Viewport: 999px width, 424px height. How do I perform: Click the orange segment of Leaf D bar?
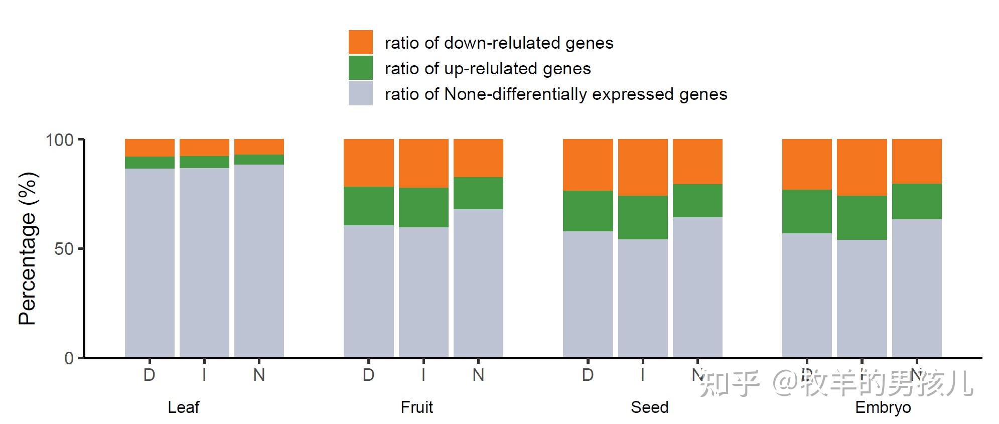pos(150,148)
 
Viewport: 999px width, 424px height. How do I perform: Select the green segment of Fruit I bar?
pos(423,207)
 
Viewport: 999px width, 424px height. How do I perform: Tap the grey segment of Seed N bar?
pos(697,287)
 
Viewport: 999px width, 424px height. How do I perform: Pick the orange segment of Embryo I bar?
pos(862,167)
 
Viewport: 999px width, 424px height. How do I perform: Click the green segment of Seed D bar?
pos(588,211)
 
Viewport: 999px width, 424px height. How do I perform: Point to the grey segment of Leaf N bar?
pos(259,260)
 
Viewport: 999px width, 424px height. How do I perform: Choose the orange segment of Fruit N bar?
pos(478,158)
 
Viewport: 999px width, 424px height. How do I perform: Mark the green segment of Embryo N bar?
pos(917,201)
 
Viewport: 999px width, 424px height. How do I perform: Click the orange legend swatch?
pos(360,42)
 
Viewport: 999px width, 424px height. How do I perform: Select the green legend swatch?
pos(360,68)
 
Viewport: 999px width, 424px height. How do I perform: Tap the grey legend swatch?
pos(360,93)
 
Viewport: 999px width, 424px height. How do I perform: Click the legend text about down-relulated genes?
pos(499,43)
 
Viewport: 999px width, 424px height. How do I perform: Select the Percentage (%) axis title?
pos(27,248)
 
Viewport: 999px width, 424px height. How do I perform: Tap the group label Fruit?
pos(416,407)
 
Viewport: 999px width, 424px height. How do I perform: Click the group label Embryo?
pos(883,407)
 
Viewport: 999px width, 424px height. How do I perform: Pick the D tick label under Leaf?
pos(150,375)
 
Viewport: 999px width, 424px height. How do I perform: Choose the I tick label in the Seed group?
pos(643,375)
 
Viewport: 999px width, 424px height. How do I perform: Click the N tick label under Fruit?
pos(478,375)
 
